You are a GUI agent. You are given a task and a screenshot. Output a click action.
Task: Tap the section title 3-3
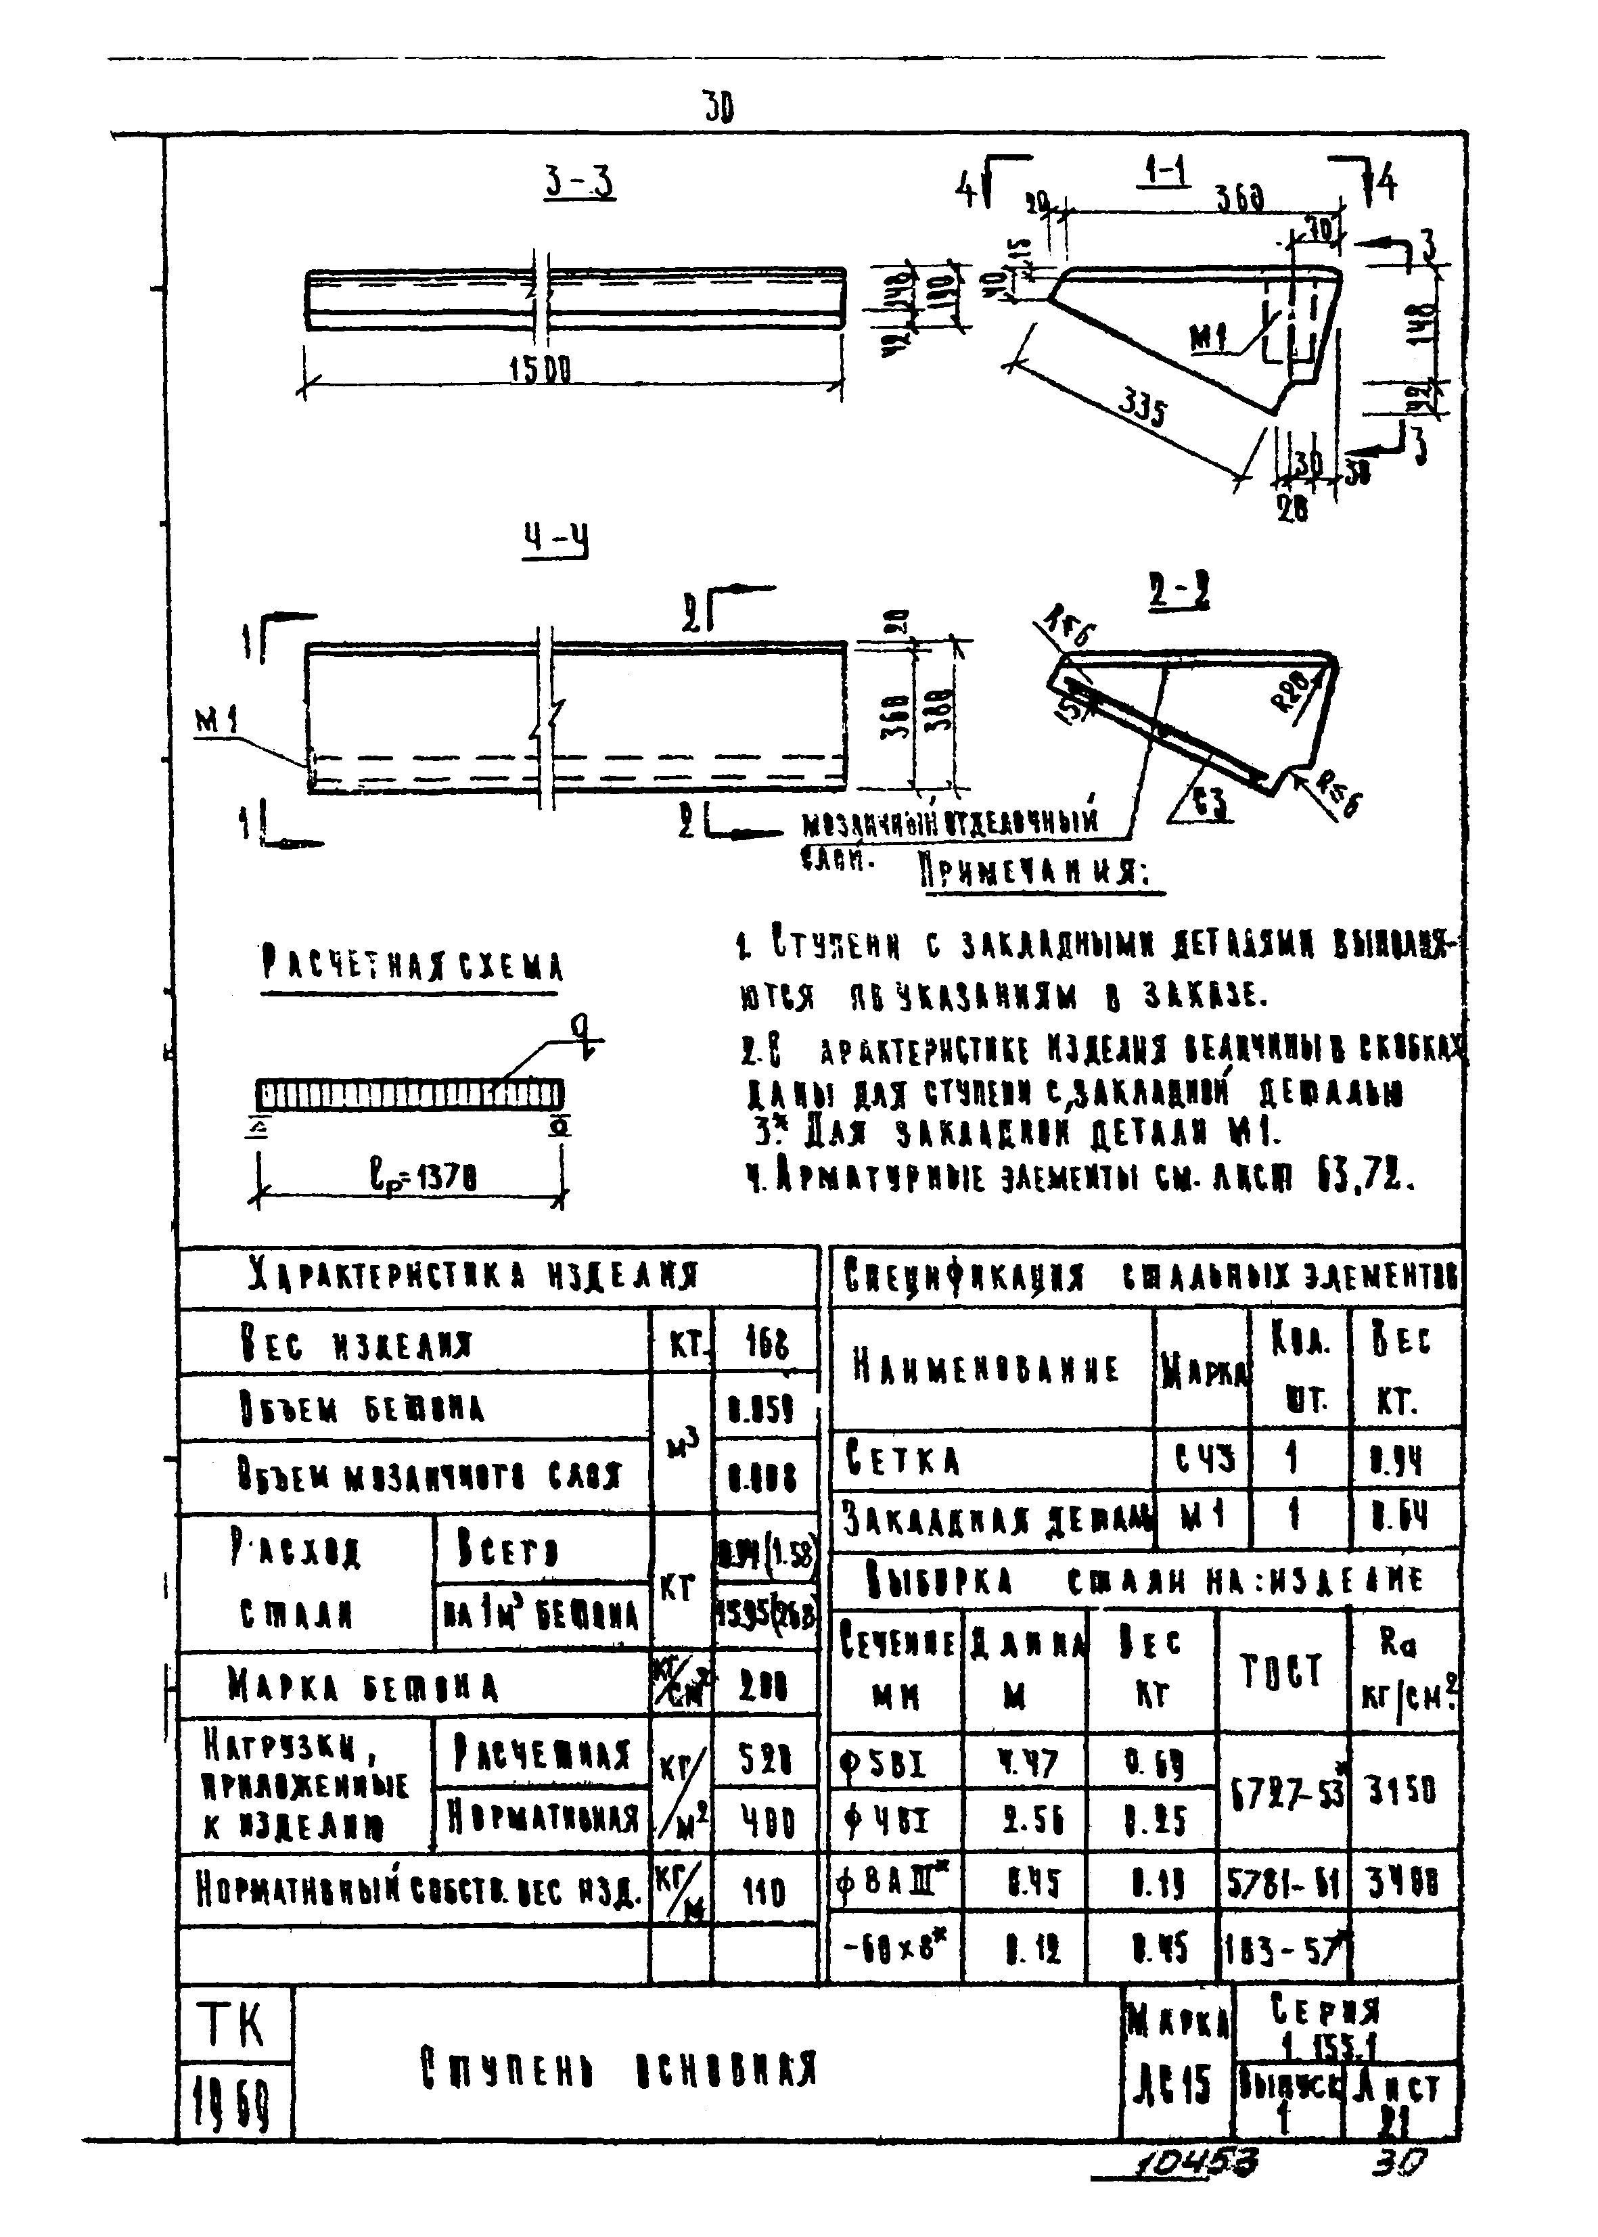tap(580, 183)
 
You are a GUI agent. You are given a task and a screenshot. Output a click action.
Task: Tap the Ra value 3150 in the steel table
tap(1402, 1791)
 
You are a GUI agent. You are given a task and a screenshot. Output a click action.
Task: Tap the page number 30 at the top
tap(718, 106)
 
